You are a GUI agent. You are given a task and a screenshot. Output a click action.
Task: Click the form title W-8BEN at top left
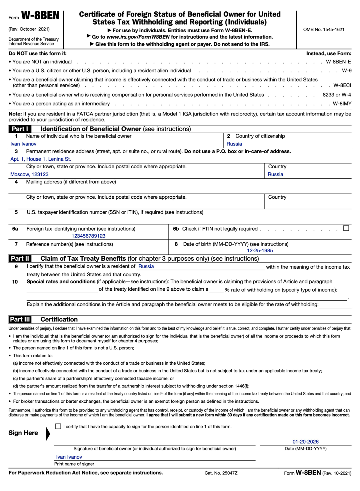[x=40, y=16]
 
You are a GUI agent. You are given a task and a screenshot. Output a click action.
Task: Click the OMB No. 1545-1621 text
[x=324, y=29]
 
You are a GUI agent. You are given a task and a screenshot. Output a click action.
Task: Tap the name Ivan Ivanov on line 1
[x=23, y=144]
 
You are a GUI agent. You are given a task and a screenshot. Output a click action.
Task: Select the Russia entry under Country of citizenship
[x=234, y=144]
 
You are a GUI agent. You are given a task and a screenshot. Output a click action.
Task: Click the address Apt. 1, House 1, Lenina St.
[x=41, y=159]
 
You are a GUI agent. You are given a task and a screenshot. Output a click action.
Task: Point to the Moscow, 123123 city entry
[x=29, y=174]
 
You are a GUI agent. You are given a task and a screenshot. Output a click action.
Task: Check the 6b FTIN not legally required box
[x=346, y=228]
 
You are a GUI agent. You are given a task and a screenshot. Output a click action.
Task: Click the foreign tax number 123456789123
[x=88, y=236]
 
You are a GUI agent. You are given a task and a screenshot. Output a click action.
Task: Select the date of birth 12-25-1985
[x=260, y=251]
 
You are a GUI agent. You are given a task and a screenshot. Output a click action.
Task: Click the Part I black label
[x=20, y=129]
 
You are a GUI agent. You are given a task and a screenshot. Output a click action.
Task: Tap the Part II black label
[x=20, y=259]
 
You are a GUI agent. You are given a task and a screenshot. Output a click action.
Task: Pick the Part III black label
[x=20, y=320]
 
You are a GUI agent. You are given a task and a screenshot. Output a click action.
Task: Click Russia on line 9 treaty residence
[x=146, y=267]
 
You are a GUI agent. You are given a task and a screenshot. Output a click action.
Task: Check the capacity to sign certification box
[x=58, y=426]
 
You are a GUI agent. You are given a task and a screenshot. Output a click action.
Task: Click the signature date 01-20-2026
[x=305, y=442]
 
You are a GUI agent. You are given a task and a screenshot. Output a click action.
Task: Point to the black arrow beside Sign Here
[x=48, y=434]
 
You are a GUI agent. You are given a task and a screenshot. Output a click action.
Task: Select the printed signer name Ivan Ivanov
[x=69, y=457]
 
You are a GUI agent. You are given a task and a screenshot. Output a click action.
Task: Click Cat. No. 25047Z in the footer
[x=221, y=473]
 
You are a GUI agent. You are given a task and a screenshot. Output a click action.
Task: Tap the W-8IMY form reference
[x=342, y=104]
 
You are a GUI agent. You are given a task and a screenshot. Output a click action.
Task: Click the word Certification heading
[x=59, y=320]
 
